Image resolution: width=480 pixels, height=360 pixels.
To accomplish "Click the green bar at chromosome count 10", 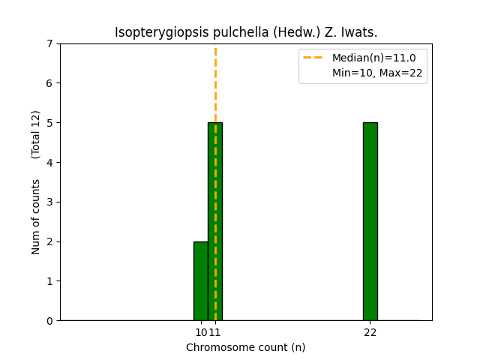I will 200,281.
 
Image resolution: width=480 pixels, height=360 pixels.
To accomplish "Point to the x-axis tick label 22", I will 370,331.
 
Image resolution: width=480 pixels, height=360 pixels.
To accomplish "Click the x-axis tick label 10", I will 200,331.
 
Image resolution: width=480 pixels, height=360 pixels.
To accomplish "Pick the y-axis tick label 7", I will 49,43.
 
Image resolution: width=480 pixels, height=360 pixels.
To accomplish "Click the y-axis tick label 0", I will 49,321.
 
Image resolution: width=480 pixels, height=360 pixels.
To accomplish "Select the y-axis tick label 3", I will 49,202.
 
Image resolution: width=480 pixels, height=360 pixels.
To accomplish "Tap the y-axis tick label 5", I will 49,123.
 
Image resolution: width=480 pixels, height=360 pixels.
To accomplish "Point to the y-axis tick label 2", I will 49,241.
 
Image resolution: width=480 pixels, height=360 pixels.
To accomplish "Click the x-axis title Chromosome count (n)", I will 246,347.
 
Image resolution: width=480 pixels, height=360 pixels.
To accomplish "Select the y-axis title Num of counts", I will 36,217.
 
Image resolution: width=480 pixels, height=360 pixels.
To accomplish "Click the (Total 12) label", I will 36,134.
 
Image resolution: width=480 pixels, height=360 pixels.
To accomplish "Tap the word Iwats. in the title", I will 358,33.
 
